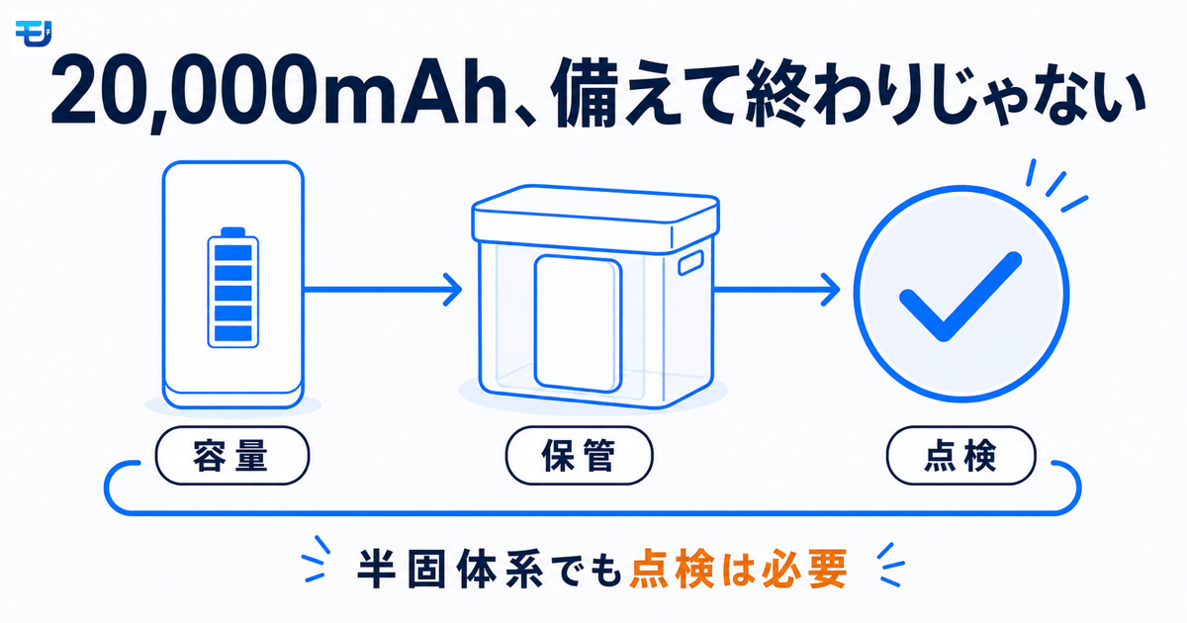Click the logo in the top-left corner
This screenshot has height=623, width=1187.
tap(34, 34)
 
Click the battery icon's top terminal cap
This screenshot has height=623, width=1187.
tap(233, 232)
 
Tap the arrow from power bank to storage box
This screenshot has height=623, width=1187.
tap(383, 289)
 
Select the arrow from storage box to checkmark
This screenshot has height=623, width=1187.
tap(776, 289)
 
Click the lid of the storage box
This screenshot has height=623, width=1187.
tap(595, 219)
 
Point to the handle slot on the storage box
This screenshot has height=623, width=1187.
tap(690, 263)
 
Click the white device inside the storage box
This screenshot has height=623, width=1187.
tap(578, 323)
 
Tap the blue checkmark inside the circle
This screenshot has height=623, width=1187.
tap(960, 297)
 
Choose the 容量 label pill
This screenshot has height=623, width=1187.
tap(232, 456)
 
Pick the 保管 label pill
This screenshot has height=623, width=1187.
tap(580, 456)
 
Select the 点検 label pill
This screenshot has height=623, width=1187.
tap(960, 456)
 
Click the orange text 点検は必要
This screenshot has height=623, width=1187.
tap(738, 570)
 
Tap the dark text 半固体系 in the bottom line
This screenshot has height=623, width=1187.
tap(450, 570)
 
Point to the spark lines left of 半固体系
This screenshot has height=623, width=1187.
tap(317, 560)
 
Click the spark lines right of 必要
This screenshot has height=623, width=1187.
tap(891, 565)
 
